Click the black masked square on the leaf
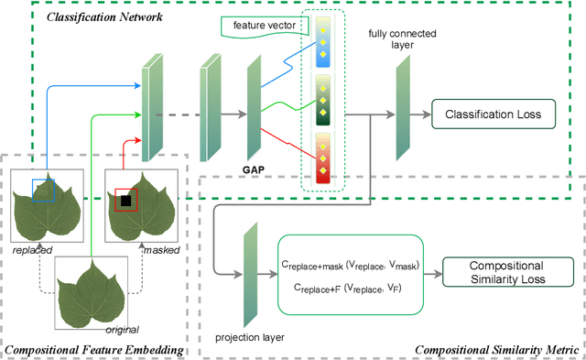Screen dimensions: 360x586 125,199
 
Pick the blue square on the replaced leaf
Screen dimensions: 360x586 43,191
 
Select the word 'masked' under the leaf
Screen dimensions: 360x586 161,249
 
